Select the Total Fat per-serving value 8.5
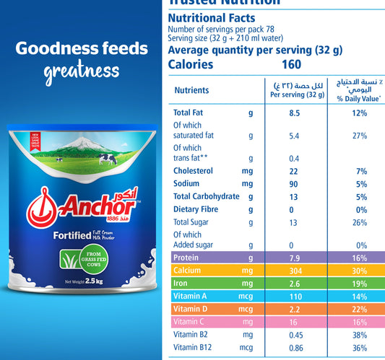tap(294, 113)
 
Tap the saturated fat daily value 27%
tap(360, 136)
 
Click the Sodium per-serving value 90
tap(294, 183)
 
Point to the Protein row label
tap(186, 257)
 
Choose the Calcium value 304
tap(294, 271)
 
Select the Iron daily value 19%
tap(360, 284)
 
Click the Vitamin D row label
tap(191, 310)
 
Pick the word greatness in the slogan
tap(81, 71)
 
